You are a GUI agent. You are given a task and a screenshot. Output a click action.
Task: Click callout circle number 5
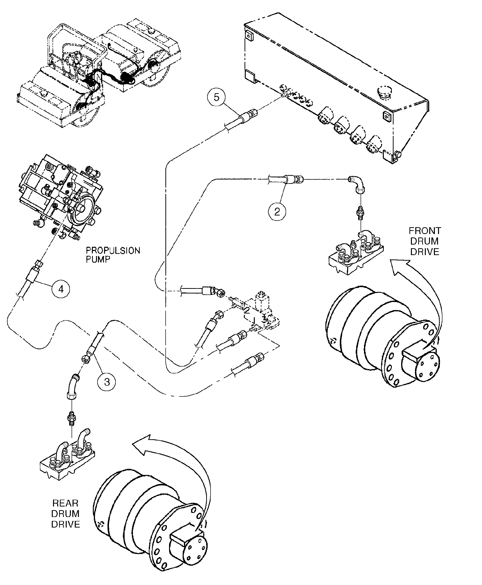216,97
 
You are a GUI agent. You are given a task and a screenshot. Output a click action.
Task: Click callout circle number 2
277,212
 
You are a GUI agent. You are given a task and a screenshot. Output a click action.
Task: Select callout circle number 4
61,289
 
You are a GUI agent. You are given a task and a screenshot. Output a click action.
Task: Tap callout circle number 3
107,382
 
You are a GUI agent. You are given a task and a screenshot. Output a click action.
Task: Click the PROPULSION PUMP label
112,255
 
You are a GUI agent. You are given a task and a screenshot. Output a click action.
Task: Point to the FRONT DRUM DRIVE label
425,241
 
